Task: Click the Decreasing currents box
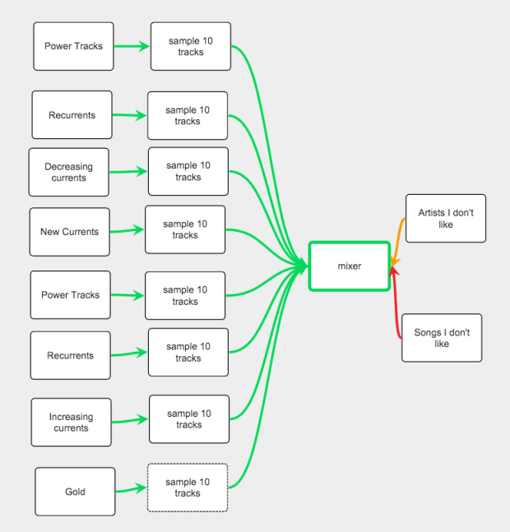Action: point(69,172)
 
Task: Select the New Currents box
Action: point(69,232)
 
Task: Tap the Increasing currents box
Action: point(71,423)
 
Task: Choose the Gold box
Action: point(75,492)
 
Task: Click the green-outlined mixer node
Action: point(349,266)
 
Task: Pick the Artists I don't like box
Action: point(446,218)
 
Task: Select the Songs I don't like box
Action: point(442,338)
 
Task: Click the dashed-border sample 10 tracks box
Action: point(188,488)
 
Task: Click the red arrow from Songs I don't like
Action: point(397,304)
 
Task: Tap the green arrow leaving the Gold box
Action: point(131,491)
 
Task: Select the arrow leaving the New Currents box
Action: point(128,232)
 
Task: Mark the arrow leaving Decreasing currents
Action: point(128,171)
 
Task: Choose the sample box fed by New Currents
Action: point(185,229)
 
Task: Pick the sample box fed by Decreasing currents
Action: point(188,171)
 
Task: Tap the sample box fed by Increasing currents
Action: point(188,419)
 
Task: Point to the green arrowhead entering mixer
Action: point(302,266)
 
